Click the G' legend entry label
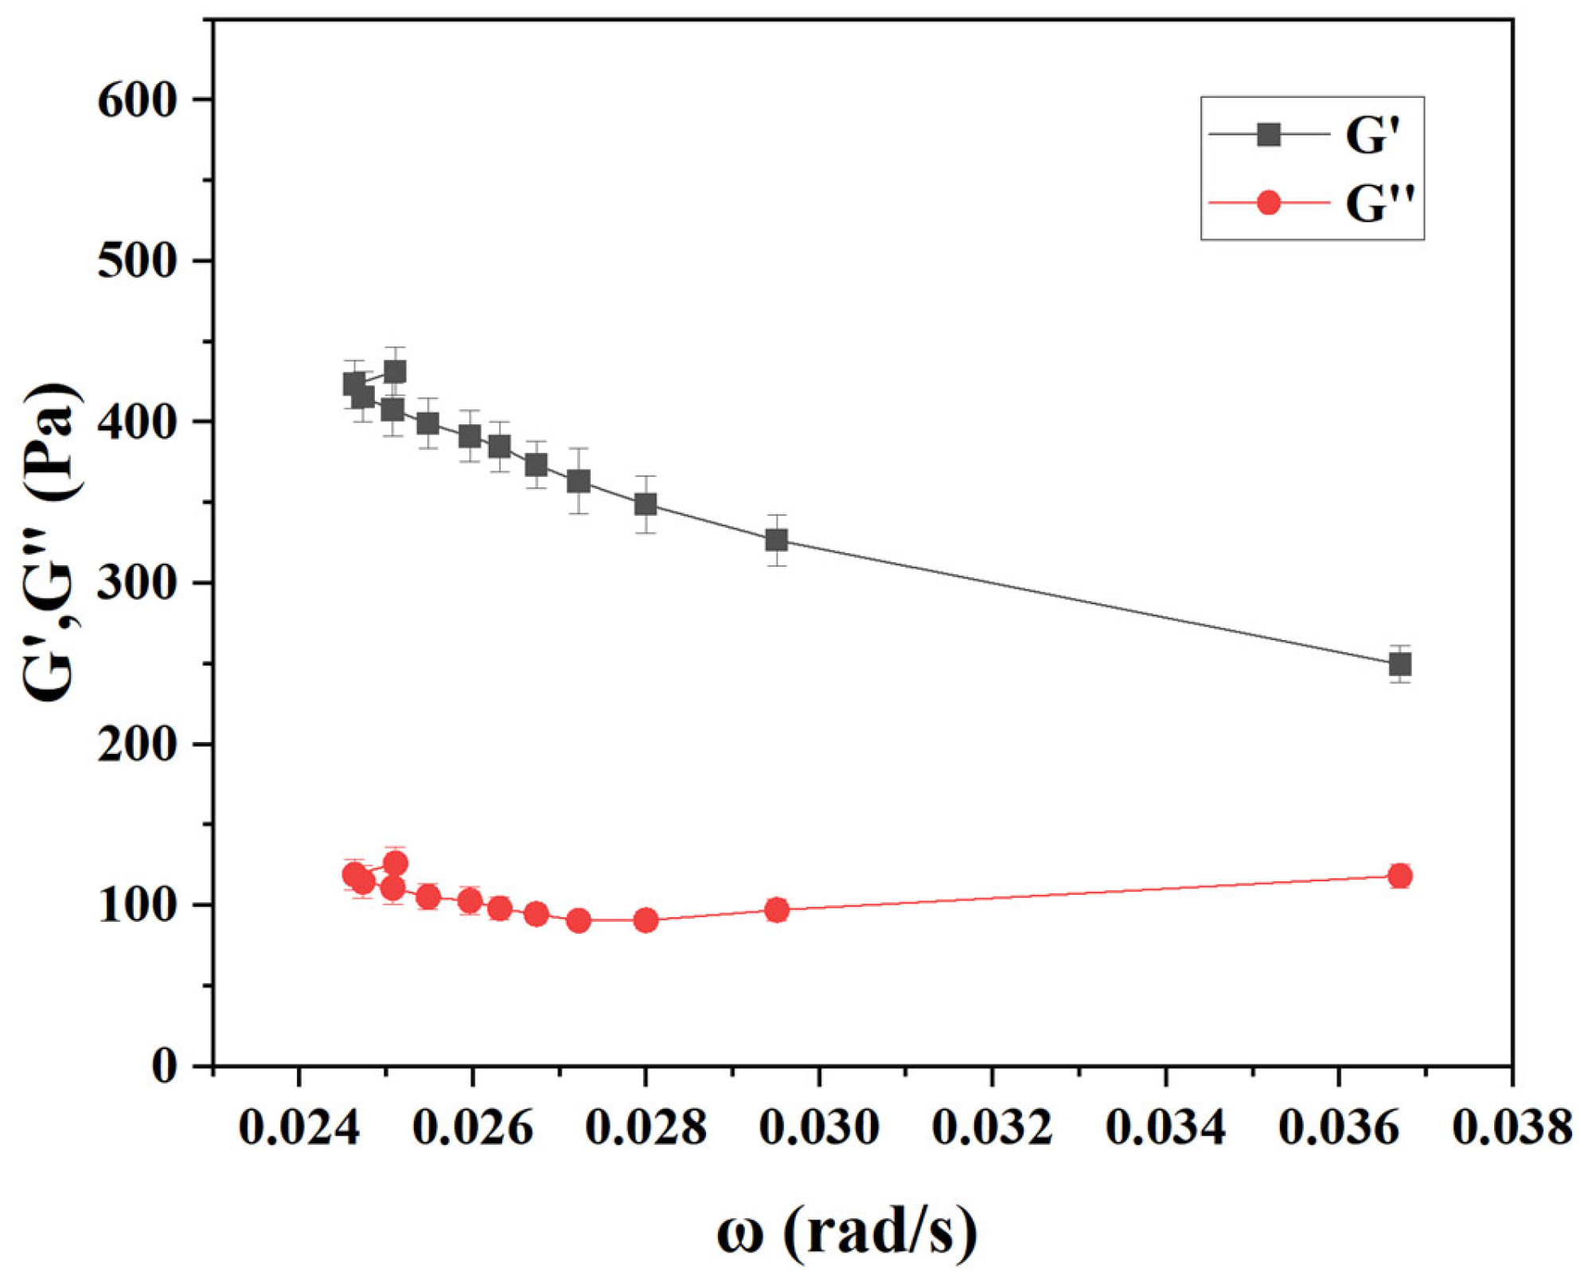(x=1371, y=135)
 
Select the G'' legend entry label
(x=1379, y=204)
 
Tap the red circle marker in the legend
(x=1268, y=203)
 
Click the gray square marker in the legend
(x=1268, y=135)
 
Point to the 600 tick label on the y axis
(x=135, y=101)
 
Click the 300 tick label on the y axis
(x=135, y=585)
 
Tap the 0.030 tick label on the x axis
(x=819, y=1128)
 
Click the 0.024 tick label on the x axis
(x=298, y=1128)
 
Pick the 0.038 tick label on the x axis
(x=1512, y=1128)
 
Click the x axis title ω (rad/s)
(x=846, y=1231)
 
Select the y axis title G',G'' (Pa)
(x=52, y=541)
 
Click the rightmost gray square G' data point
(x=1400, y=664)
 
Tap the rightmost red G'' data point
(x=1400, y=876)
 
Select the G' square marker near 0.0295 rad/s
(x=777, y=541)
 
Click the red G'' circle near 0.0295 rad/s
(x=777, y=910)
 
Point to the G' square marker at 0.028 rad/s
(x=646, y=504)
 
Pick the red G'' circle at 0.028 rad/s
(x=646, y=920)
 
